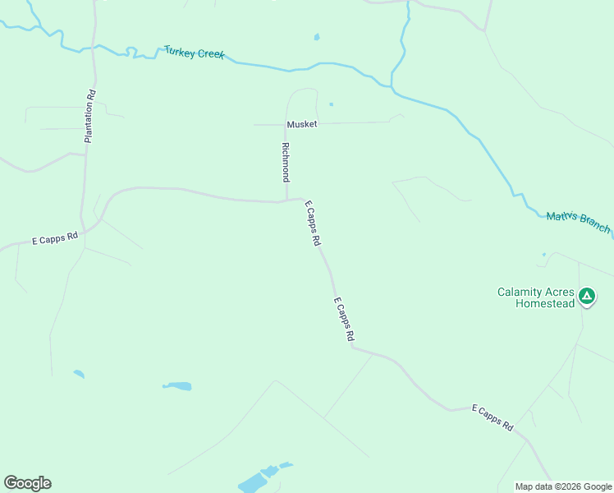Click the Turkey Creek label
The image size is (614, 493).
[x=194, y=53]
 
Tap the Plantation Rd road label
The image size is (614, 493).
[x=89, y=116]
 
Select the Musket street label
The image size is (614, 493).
[x=301, y=124]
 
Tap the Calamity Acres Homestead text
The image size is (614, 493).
[x=535, y=297]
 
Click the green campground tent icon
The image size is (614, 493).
[x=586, y=295]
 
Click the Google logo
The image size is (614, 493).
[x=27, y=483]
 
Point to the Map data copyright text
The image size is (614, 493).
[x=563, y=486]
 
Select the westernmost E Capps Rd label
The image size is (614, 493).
[x=54, y=239]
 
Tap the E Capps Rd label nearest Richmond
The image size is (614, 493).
[x=313, y=224]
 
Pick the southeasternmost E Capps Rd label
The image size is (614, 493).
[x=492, y=418]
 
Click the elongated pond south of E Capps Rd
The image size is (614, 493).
[x=177, y=385]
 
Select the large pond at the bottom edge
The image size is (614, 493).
[x=256, y=481]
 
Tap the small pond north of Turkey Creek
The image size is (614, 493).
[x=317, y=37]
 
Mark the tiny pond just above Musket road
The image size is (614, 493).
[x=332, y=104]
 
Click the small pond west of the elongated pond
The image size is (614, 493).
[x=79, y=374]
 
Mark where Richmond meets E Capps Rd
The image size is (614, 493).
[x=286, y=200]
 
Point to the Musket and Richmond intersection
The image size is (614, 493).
[x=286, y=124]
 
